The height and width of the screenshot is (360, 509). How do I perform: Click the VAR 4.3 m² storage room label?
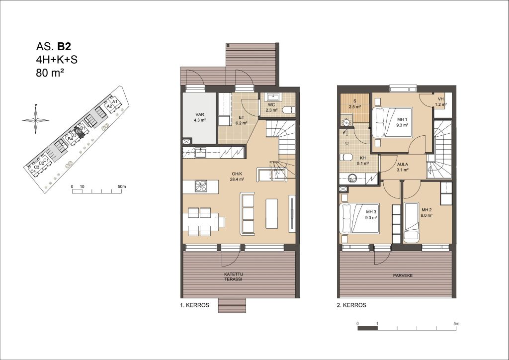[x=200, y=117]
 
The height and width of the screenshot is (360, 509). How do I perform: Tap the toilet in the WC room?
[x=288, y=110]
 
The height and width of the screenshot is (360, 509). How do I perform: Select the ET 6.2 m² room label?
[x=241, y=120]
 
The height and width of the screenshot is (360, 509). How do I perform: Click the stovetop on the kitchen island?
[x=200, y=186]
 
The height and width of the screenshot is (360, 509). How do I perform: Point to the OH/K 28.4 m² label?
[x=237, y=176]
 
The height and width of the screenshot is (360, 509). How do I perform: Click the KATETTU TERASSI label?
[x=234, y=276]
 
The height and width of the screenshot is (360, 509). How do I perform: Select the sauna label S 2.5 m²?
[x=355, y=104]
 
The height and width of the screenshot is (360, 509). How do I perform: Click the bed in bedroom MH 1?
[x=392, y=123]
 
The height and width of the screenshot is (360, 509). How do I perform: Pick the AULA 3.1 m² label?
[x=403, y=167]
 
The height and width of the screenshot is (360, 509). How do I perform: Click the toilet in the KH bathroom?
[x=346, y=158]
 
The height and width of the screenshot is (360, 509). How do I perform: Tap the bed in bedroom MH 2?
[x=412, y=223]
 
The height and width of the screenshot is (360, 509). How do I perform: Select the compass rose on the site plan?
[x=36, y=120]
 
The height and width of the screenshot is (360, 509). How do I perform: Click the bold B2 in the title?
[x=64, y=47]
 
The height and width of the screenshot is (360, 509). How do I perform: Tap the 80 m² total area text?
[x=50, y=73]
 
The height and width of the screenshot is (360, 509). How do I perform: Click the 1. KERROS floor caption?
[x=195, y=305]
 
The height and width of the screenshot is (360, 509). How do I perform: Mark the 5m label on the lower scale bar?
[x=456, y=323]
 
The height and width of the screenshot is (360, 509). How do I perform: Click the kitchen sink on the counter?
[x=201, y=152]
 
